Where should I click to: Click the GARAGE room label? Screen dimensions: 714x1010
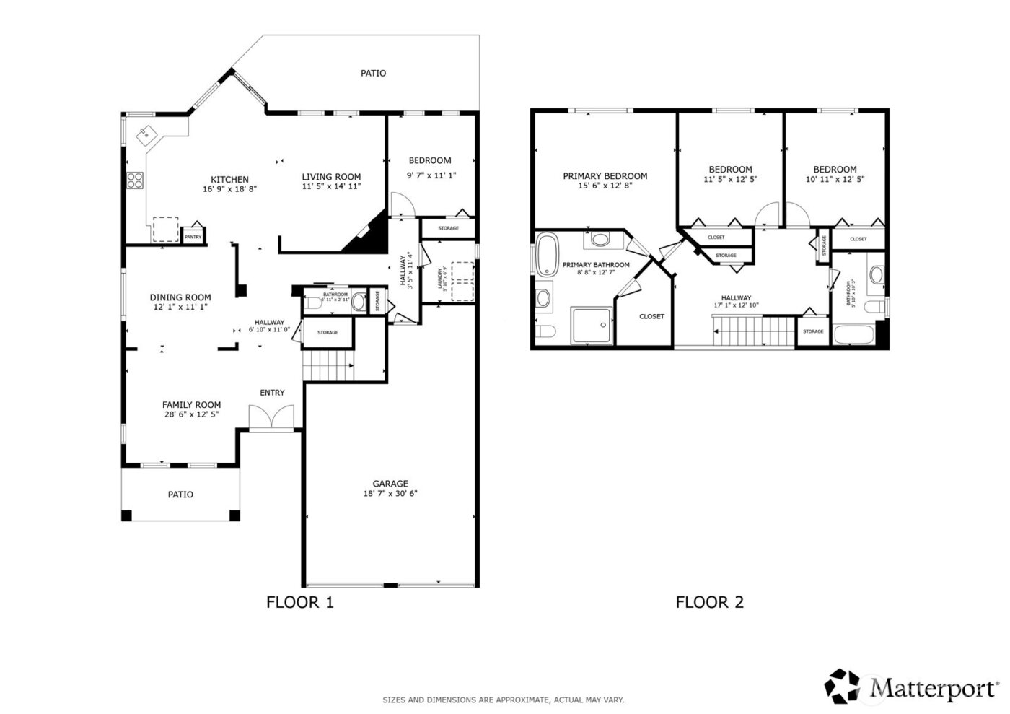pyautogui.click(x=390, y=484)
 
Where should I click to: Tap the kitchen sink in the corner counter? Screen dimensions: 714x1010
pyautogui.click(x=147, y=132)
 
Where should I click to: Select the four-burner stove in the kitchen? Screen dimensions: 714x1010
pyautogui.click(x=135, y=180)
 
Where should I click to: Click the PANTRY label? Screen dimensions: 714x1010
pyautogui.click(x=193, y=237)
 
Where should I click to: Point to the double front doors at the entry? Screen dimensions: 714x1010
pyautogui.click(x=271, y=418)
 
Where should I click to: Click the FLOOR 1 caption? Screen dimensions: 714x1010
pyautogui.click(x=300, y=602)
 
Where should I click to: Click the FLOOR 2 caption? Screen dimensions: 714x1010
pyautogui.click(x=709, y=602)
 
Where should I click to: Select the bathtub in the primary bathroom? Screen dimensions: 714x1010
pyautogui.click(x=545, y=255)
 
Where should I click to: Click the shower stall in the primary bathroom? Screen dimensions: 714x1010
pyautogui.click(x=592, y=325)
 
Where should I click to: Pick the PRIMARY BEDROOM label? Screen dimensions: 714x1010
pyautogui.click(x=605, y=176)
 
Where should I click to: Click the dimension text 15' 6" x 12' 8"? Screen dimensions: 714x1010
pyautogui.click(x=605, y=186)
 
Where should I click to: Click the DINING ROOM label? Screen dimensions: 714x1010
pyautogui.click(x=180, y=297)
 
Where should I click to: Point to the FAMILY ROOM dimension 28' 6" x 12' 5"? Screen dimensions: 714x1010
pyautogui.click(x=191, y=415)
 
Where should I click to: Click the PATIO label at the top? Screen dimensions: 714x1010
pyautogui.click(x=373, y=73)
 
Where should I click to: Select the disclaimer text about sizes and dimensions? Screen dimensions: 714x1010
pyautogui.click(x=503, y=700)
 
